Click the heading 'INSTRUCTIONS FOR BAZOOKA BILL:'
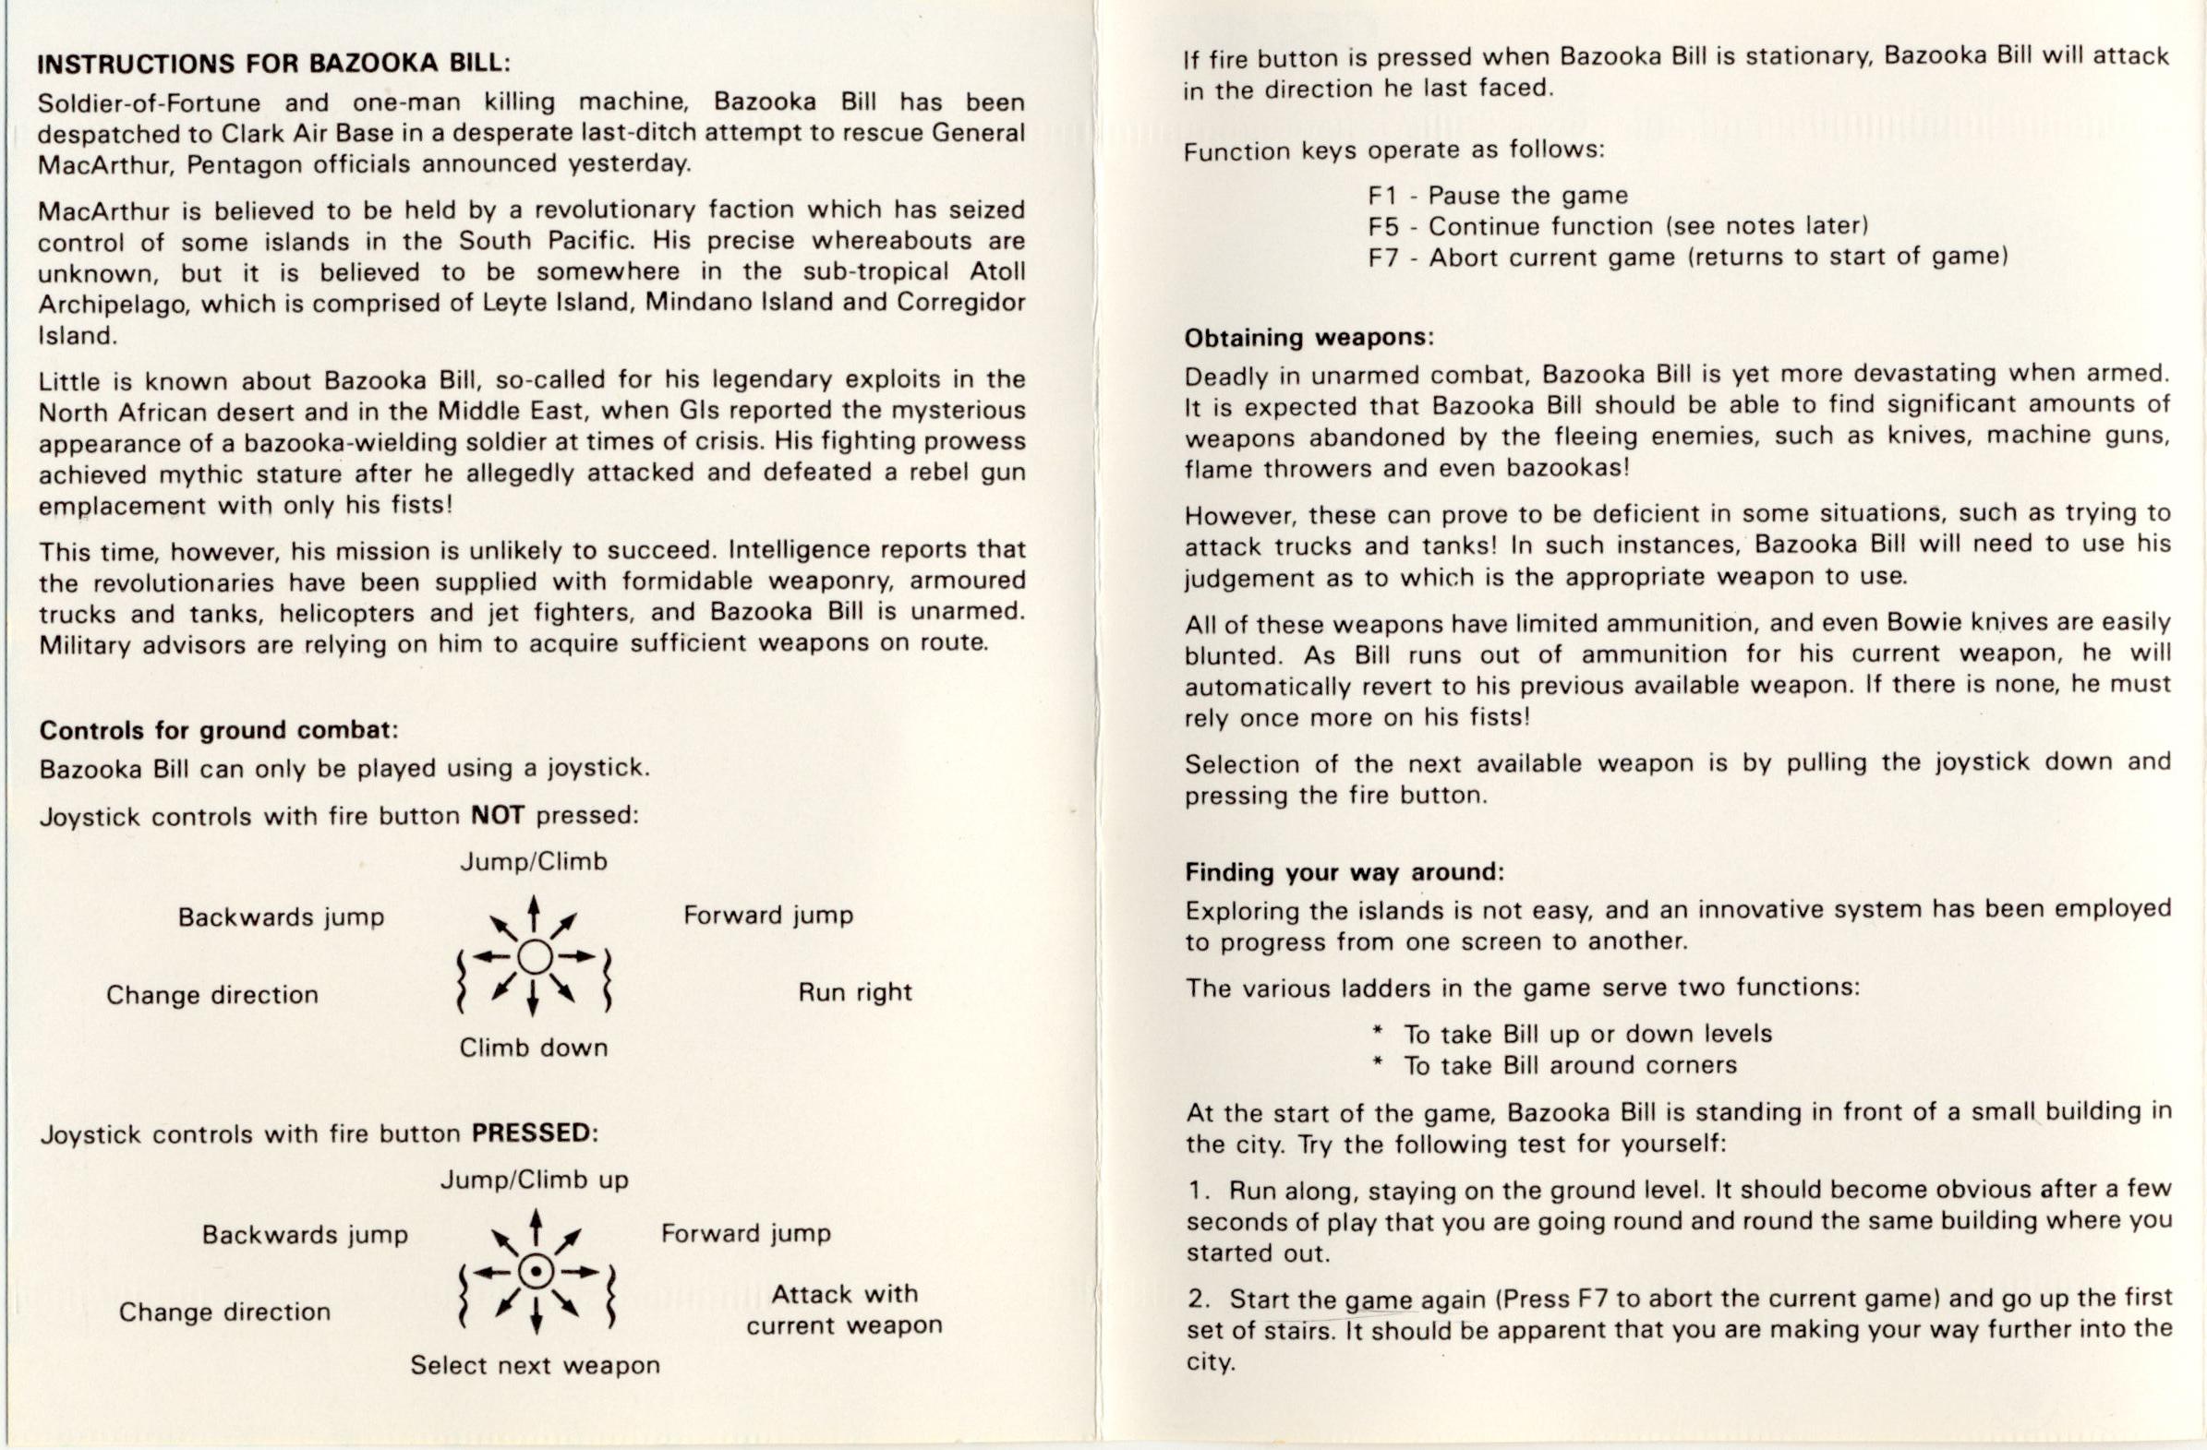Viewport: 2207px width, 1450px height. (x=273, y=63)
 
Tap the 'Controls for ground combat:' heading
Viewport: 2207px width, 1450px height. (x=218, y=731)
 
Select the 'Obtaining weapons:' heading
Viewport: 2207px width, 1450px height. (x=1309, y=338)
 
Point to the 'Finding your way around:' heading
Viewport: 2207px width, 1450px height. (x=1344, y=872)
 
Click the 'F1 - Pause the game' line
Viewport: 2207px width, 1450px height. (x=1498, y=196)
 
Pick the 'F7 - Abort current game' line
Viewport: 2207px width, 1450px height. (x=1688, y=257)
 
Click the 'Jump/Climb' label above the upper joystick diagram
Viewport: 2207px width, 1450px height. (x=533, y=862)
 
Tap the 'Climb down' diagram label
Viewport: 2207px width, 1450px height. (x=533, y=1049)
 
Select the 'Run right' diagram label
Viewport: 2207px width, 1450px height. (x=855, y=993)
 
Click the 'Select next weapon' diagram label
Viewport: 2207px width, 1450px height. (x=535, y=1366)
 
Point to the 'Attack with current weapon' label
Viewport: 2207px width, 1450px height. (x=844, y=1309)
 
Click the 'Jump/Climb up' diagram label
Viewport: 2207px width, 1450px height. (x=533, y=1180)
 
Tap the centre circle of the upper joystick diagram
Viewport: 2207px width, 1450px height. (x=534, y=956)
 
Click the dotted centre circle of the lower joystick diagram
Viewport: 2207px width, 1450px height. (x=535, y=1271)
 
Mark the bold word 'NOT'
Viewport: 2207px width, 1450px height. (x=498, y=816)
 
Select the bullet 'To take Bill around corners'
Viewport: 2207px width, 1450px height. (x=1569, y=1065)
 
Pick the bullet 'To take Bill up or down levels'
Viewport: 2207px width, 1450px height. (x=1586, y=1034)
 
